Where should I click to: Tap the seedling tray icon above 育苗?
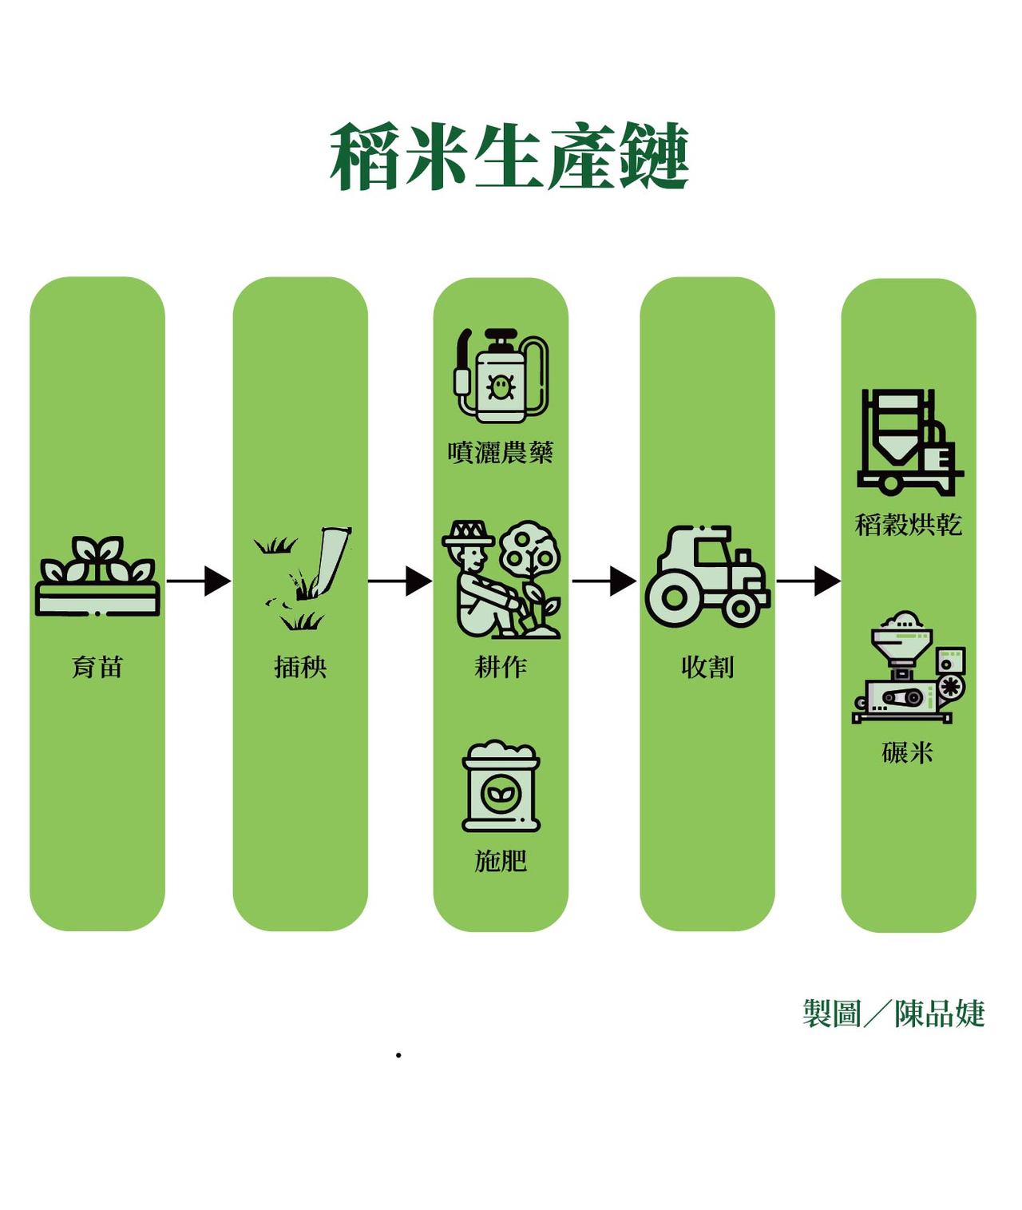[97, 577]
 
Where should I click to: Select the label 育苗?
[97, 667]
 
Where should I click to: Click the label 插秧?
[300, 667]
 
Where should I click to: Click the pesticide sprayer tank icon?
[501, 375]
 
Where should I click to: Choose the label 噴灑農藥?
[501, 453]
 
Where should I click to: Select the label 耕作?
[501, 667]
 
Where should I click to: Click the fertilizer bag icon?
[501, 787]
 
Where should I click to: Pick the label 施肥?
[501, 861]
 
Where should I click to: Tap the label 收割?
[707, 667]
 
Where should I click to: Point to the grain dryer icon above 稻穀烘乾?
[909, 442]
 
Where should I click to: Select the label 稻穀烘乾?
[909, 525]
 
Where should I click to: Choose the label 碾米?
[908, 752]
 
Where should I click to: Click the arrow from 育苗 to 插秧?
[199, 581]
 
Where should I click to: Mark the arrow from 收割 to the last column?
[808, 581]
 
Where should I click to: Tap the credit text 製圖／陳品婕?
[893, 1014]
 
